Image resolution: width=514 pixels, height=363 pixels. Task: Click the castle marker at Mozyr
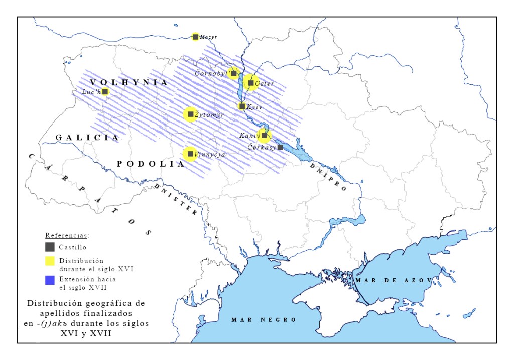point(196,37)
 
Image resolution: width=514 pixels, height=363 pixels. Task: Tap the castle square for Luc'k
point(105,91)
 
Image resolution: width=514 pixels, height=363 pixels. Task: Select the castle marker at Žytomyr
point(191,114)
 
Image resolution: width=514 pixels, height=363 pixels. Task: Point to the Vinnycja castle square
point(190,154)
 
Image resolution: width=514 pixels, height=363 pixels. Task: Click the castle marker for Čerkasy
point(280,147)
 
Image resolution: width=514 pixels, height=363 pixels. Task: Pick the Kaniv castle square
point(264,135)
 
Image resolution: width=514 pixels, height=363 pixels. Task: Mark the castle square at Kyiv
point(242,106)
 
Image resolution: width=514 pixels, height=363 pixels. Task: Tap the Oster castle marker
point(251,83)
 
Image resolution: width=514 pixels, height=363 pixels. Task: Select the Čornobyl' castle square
point(234,73)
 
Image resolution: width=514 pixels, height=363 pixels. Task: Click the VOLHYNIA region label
point(129,82)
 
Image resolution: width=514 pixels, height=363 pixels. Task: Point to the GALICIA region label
point(87,137)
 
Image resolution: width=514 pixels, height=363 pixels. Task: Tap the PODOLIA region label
point(150,164)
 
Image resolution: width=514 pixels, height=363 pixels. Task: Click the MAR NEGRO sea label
point(264,320)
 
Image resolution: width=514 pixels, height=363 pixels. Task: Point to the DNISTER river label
point(176,200)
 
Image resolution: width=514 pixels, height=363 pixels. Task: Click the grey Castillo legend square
point(50,247)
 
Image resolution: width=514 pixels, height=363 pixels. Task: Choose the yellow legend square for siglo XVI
point(50,261)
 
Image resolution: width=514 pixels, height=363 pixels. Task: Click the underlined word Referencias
point(67,235)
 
